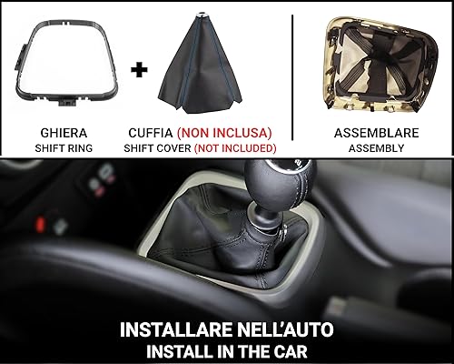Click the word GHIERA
pyautogui.click(x=57, y=130)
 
